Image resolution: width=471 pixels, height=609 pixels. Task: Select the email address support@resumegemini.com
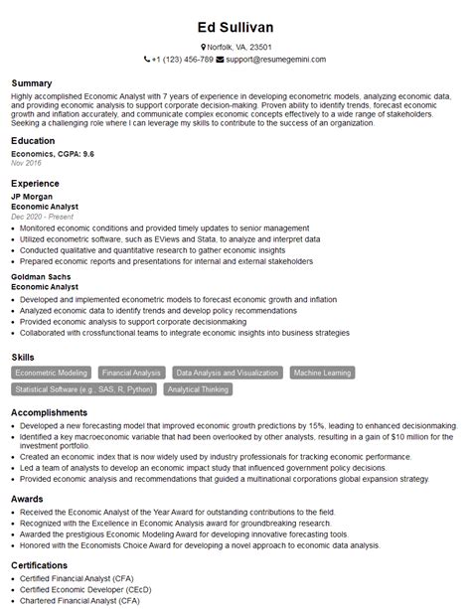click(x=276, y=60)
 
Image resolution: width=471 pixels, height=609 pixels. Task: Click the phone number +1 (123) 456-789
click(x=182, y=60)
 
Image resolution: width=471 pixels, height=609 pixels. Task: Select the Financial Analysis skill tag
click(x=132, y=373)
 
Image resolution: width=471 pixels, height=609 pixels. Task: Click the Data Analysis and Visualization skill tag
click(x=228, y=373)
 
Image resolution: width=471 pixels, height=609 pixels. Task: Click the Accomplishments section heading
click(x=49, y=411)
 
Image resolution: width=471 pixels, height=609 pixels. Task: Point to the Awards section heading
click(x=27, y=499)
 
